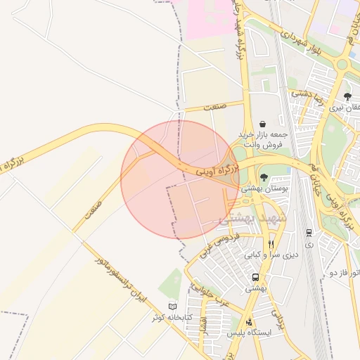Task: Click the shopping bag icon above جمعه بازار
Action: coord(263,124)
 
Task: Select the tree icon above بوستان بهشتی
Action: coord(263,178)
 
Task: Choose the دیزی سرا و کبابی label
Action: coord(271,255)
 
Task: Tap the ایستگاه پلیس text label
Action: coord(250,333)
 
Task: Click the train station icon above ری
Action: coord(309,233)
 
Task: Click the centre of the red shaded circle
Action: coord(180,179)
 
